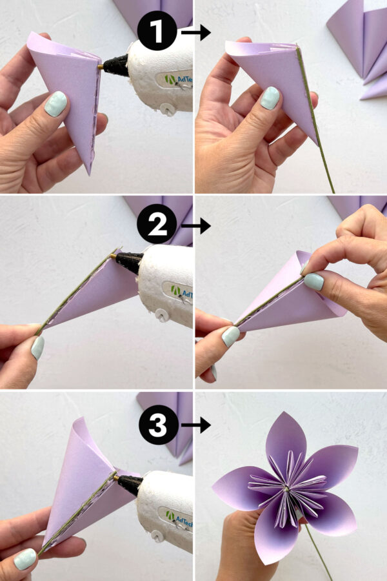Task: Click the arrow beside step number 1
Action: click(x=196, y=32)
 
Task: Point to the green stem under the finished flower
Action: click(x=319, y=555)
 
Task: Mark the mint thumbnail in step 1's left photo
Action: click(x=55, y=103)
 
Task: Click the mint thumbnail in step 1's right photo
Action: click(x=270, y=97)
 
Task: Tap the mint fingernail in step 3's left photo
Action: click(x=25, y=558)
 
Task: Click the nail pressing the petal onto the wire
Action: click(x=313, y=281)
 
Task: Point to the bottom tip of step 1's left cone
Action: click(x=88, y=172)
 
